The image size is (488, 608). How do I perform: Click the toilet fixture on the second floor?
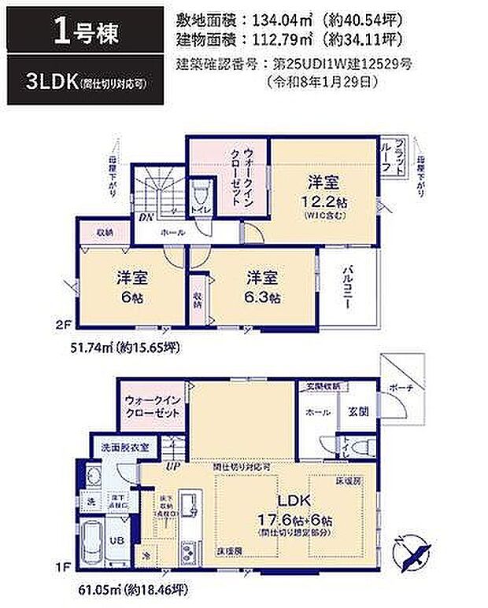point(201,191)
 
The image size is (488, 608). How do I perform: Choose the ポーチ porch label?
point(401,388)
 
